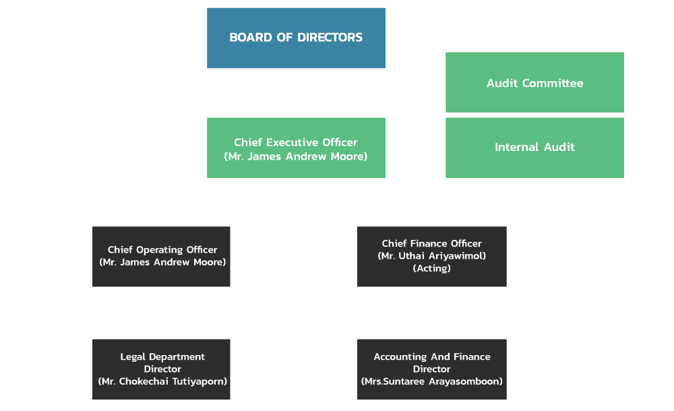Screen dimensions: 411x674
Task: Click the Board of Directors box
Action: [296, 38]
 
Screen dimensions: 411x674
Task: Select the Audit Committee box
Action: [534, 83]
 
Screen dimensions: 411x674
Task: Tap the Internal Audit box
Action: [534, 147]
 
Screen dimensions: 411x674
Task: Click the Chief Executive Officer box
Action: [296, 148]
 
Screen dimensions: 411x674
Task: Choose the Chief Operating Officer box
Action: [162, 256]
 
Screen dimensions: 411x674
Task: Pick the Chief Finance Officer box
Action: [431, 256]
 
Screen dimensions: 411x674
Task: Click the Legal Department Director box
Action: [162, 369]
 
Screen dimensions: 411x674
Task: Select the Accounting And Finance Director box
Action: [431, 369]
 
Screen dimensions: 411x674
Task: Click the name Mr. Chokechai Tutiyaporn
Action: [162, 381]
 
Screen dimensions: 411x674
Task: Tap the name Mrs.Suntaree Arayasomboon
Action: [432, 381]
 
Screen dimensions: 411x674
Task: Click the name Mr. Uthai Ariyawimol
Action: [432, 256]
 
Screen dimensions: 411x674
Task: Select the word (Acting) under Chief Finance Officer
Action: [432, 268]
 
